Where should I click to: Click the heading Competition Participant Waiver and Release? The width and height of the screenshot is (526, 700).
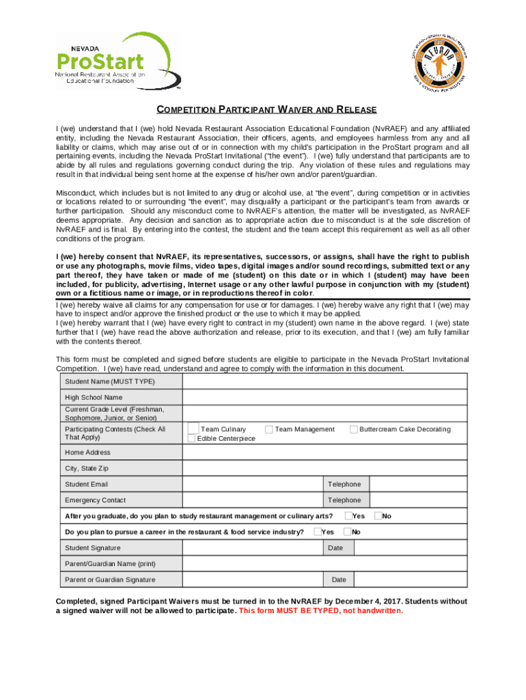tap(266, 110)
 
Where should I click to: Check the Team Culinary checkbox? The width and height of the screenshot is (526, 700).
tap(193, 429)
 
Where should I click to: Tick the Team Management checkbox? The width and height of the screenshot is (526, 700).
tap(269, 429)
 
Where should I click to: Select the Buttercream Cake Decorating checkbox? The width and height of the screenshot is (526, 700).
tap(354, 429)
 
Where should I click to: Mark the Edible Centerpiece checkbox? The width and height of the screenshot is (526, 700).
tap(191, 438)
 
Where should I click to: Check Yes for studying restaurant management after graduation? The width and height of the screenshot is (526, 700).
tap(348, 515)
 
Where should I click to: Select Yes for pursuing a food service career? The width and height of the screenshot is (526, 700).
tap(318, 531)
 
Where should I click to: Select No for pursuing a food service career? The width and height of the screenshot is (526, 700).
tap(348, 531)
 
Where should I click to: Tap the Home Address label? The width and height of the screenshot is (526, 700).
tap(87, 453)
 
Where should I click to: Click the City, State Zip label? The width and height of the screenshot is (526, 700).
tap(87, 468)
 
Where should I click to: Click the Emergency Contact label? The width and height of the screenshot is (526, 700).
tap(95, 500)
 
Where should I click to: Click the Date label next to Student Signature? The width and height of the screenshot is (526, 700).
tap(335, 548)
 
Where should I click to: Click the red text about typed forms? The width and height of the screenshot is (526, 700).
tap(321, 610)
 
